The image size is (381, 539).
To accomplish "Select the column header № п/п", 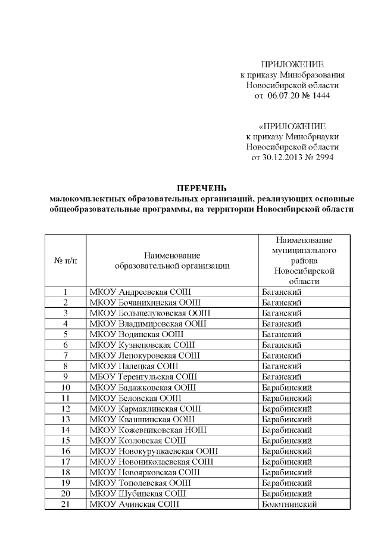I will (x=65, y=261).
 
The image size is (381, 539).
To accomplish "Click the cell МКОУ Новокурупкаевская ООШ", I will (x=153, y=451).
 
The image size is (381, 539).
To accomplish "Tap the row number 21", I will (x=65, y=504).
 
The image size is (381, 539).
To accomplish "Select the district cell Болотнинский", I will (x=289, y=504).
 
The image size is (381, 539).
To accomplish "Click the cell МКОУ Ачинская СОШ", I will (x=134, y=504).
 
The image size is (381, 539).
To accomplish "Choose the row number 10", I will (x=65, y=388).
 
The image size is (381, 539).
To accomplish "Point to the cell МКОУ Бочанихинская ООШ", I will (x=145, y=303).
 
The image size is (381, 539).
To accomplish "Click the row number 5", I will (x=65, y=335).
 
